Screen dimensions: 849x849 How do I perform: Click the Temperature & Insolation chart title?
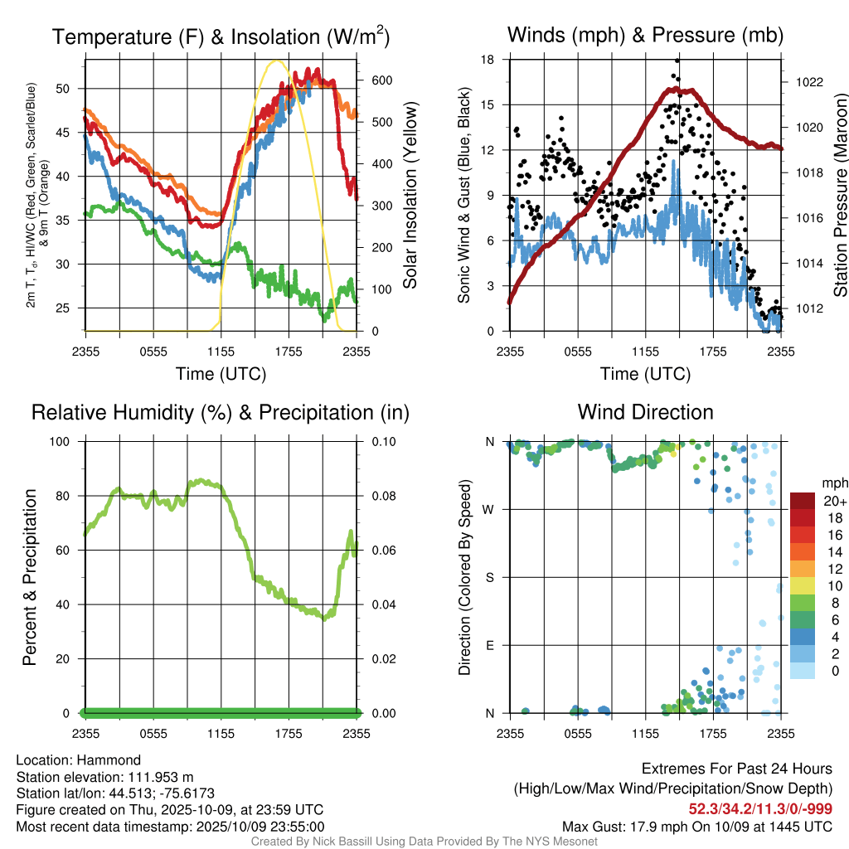tap(221, 36)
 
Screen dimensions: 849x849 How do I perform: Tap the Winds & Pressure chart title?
tap(645, 35)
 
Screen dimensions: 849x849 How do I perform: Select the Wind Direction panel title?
tap(645, 412)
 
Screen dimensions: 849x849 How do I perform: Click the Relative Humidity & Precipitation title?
tap(220, 412)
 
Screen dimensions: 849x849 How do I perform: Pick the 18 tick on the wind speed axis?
tap(488, 60)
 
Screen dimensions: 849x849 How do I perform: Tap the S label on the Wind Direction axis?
tap(490, 577)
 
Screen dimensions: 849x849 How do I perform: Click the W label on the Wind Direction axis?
tap(489, 509)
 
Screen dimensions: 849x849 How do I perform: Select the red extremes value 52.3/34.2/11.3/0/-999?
tap(760, 809)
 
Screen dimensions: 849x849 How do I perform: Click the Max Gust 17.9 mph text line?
tap(696, 827)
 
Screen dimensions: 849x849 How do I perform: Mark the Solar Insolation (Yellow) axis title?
tap(410, 196)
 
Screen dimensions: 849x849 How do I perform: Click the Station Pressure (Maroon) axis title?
tap(839, 196)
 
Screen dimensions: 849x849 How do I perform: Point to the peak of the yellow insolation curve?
tap(277, 61)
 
